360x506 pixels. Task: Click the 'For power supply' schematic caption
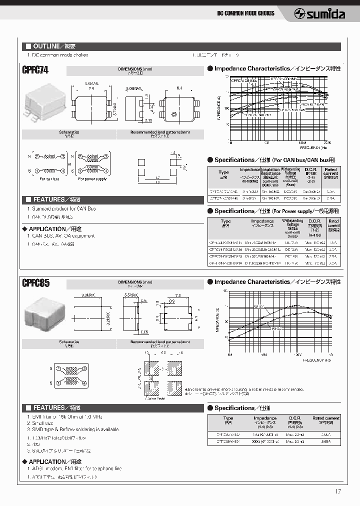tap(93, 178)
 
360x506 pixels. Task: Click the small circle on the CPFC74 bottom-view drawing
tap(173, 114)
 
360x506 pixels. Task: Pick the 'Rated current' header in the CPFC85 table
tap(325, 418)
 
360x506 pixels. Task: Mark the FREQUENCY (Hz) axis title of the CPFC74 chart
tap(313, 147)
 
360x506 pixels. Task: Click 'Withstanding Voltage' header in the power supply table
tap(292, 222)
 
